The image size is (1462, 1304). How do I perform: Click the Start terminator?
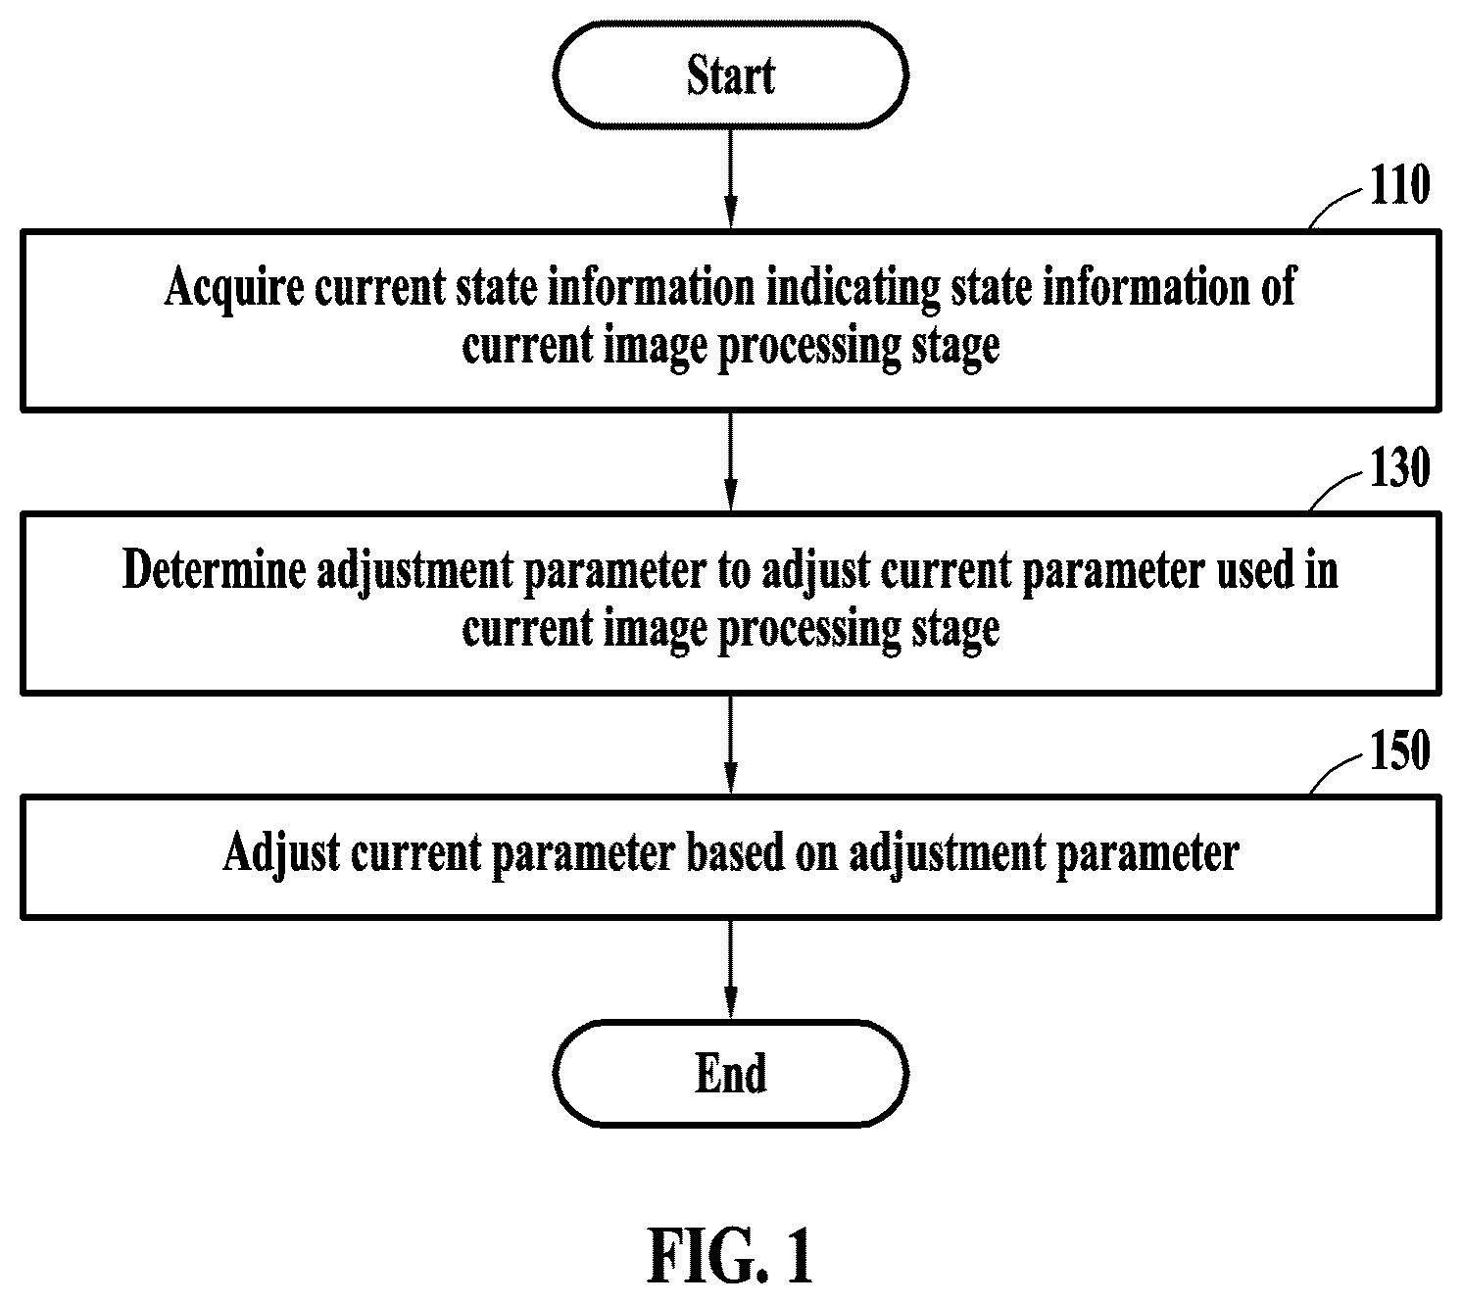tap(730, 75)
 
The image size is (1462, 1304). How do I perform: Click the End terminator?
tap(730, 1073)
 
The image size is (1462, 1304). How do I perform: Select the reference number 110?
tap(1399, 185)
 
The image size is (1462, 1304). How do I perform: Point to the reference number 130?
tap(1399, 467)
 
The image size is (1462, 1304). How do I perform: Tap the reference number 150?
tap(1399, 750)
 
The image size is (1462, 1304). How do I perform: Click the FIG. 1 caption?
tap(730, 1256)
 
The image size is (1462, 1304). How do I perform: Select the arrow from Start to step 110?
tap(730, 179)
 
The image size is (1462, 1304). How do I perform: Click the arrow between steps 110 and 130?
tap(730, 461)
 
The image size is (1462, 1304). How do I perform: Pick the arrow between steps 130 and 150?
tap(730, 745)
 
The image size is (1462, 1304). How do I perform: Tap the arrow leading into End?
tap(730, 968)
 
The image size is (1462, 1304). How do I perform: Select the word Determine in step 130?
tap(214, 570)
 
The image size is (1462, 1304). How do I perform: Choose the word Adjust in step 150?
tap(280, 853)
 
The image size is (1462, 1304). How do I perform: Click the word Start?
tap(730, 75)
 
